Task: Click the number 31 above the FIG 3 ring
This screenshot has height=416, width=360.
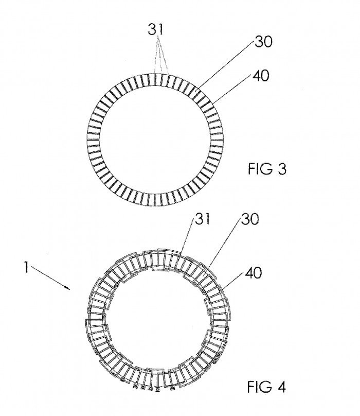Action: tap(156, 29)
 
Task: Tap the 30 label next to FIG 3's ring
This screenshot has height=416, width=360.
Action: tap(263, 42)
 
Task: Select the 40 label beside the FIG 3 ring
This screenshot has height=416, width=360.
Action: tap(261, 76)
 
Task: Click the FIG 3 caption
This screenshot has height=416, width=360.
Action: tap(267, 169)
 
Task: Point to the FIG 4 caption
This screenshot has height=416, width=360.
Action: tap(267, 387)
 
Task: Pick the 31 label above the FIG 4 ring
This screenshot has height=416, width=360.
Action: tap(202, 219)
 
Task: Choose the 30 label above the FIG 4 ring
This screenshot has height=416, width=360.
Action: tap(249, 219)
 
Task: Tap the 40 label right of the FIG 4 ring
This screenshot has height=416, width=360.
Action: tap(253, 273)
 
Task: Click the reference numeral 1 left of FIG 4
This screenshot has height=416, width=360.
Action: tap(26, 267)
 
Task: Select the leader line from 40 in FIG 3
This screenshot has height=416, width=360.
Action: tap(232, 89)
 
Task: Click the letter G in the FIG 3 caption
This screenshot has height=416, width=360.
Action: tap(265, 169)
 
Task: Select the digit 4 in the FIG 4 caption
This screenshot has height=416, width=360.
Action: tap(281, 387)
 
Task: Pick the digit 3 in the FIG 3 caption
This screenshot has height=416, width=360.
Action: tap(282, 169)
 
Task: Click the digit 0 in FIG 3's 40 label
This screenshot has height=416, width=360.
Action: tap(265, 76)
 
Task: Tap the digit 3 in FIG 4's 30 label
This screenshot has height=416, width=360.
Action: tap(245, 219)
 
